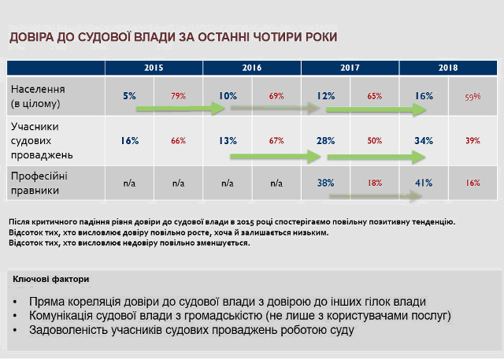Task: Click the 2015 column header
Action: click(154, 68)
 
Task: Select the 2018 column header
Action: click(448, 68)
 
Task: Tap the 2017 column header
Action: click(350, 68)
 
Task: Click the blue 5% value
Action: click(129, 96)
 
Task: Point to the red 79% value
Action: click(179, 96)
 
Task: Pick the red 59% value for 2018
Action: click(472, 96)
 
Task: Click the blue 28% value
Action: click(325, 140)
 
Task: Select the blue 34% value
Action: click(424, 140)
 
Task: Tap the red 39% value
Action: click(472, 140)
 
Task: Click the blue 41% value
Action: click(424, 183)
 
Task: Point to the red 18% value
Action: click(375, 183)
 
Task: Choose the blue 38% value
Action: click(325, 183)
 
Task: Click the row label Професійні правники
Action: click(39, 184)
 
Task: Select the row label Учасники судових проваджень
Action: click(42, 141)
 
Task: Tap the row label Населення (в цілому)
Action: click(38, 96)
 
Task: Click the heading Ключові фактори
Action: click(50, 279)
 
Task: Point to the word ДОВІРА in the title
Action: click(31, 37)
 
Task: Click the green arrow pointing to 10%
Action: click(180, 109)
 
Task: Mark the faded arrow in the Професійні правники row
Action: click(376, 195)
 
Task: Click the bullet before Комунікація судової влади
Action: click(15, 316)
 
